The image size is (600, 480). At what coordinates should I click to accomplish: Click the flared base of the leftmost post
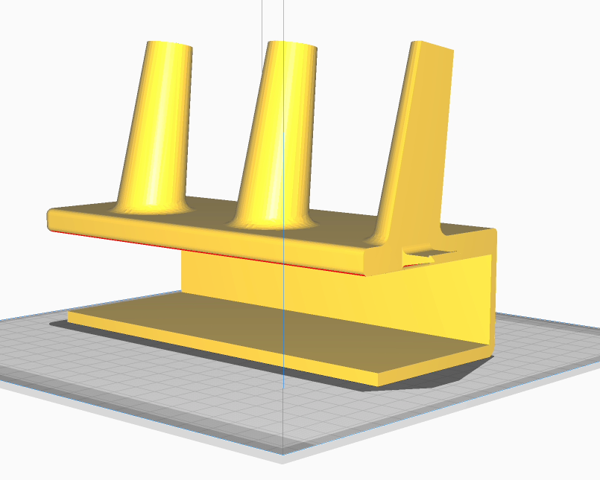[x=149, y=205]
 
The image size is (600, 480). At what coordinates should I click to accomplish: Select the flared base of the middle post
[x=273, y=220]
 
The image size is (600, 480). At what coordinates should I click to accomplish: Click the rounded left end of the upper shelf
[x=52, y=220]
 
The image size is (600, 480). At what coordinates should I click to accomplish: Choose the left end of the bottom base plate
[x=72, y=316]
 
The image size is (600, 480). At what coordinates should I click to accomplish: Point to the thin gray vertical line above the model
[x=262, y=19]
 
